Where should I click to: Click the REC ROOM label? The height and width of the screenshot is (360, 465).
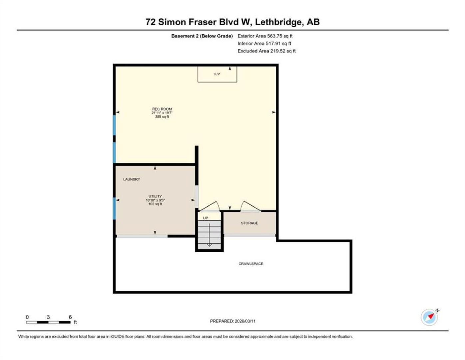[x=162, y=109]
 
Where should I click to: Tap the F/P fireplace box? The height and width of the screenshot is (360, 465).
[x=217, y=74]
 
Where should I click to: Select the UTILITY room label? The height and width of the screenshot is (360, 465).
[x=155, y=196]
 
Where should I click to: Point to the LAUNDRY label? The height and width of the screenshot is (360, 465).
[x=131, y=179]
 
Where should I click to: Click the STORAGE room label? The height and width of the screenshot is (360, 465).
[x=249, y=223]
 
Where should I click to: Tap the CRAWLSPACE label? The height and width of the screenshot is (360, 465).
[x=251, y=264]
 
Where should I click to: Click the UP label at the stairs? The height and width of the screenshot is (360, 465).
[x=206, y=218]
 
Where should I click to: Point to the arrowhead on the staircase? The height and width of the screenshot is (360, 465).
[x=209, y=245]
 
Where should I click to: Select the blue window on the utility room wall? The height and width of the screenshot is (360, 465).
[x=114, y=208]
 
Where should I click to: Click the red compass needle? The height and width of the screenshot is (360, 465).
[x=431, y=316]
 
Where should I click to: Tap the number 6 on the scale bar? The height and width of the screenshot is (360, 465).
[x=70, y=317]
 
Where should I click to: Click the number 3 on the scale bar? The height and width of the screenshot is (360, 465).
[x=48, y=317]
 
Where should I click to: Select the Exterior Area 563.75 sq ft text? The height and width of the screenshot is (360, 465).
[x=265, y=36]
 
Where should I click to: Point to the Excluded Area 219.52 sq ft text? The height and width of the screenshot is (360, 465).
[x=266, y=51]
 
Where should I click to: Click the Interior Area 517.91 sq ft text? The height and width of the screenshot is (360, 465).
[x=264, y=43]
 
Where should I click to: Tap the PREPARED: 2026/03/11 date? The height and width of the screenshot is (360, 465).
[x=232, y=321]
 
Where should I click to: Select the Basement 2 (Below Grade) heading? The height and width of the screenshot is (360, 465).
[x=202, y=36]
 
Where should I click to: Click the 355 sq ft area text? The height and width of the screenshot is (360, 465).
[x=162, y=117]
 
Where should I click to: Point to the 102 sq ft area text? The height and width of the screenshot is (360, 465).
[x=155, y=204]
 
